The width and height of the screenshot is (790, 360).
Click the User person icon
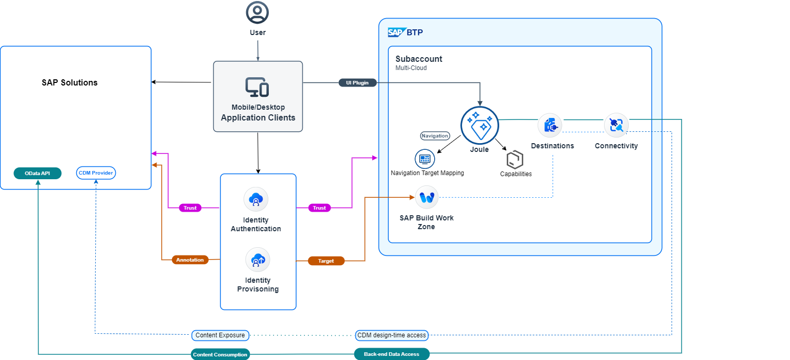click(257, 12)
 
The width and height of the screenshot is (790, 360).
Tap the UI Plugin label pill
click(360, 82)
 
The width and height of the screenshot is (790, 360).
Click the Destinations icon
click(549, 125)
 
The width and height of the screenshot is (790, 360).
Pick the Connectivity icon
click(616, 125)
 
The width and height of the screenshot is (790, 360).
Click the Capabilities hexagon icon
click(515, 160)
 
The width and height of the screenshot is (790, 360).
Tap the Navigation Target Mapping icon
click(425, 159)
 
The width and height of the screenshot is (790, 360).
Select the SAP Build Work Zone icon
click(426, 197)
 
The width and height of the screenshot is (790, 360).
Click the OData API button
click(38, 173)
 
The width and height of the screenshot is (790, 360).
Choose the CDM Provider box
click(96, 173)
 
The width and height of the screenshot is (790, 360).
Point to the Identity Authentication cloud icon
click(256, 199)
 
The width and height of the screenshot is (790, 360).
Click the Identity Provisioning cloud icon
click(257, 260)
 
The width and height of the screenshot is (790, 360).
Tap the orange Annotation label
click(190, 260)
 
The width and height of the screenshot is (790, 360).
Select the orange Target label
click(326, 261)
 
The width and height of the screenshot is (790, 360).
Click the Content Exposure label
click(220, 335)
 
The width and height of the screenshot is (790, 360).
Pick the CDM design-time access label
click(392, 335)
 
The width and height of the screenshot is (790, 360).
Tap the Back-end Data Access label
click(391, 354)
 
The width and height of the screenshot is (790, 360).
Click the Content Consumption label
click(220, 354)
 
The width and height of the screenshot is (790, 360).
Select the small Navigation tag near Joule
click(435, 136)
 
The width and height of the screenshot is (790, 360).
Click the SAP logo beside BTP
click(396, 32)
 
